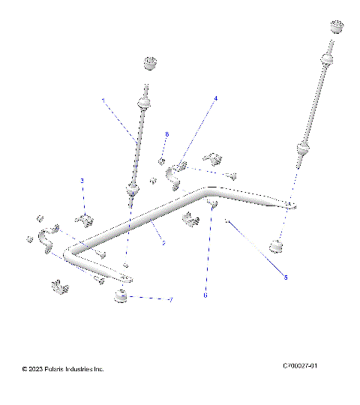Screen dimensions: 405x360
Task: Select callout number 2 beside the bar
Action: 163,242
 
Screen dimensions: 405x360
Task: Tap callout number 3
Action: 82,180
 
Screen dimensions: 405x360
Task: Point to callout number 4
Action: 216,98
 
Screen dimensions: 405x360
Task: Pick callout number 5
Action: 285,277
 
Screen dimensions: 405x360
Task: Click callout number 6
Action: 205,295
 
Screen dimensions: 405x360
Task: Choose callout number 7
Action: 171,300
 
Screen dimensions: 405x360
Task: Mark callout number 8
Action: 166,134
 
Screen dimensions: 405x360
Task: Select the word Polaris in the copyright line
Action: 58,369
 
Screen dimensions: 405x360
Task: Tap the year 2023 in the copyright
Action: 37,369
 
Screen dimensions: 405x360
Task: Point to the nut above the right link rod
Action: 336,28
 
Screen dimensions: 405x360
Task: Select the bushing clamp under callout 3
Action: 85,219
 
